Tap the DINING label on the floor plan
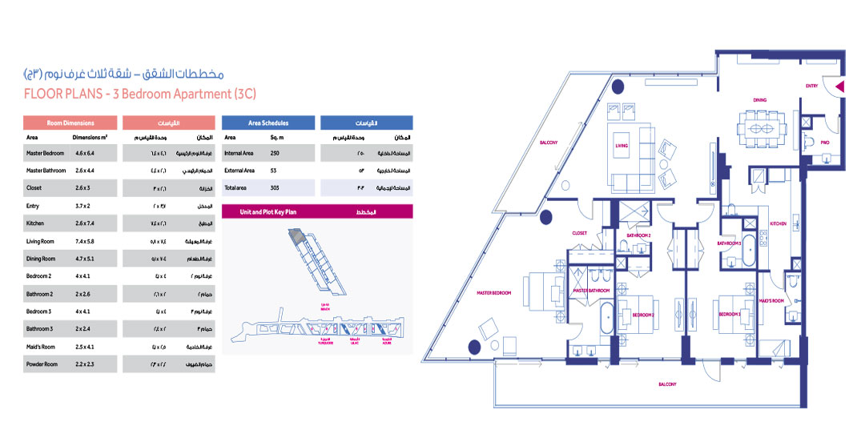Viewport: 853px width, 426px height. click(759, 100)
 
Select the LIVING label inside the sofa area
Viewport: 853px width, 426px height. click(622, 147)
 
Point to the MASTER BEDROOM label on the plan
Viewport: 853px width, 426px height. click(494, 292)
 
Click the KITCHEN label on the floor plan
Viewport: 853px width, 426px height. click(779, 223)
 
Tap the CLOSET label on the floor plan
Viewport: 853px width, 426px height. click(580, 233)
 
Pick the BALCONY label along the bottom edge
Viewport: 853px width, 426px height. click(668, 384)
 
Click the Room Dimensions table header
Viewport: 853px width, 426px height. click(70, 123)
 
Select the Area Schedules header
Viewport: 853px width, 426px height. click(268, 123)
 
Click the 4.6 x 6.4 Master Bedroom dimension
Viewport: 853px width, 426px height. click(84, 152)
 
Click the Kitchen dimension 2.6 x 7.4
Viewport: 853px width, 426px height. click(84, 223)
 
